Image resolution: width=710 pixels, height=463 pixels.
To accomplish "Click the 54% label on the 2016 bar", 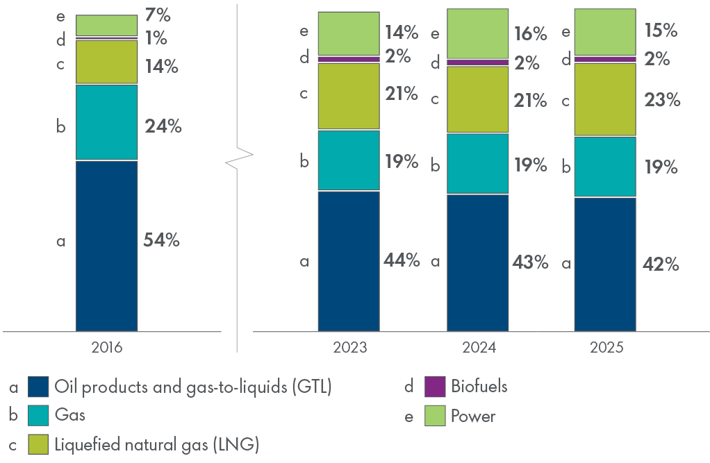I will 162,241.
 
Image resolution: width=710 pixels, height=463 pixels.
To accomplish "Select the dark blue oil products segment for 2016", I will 106,246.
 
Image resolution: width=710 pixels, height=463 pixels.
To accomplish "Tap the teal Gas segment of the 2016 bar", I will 106,122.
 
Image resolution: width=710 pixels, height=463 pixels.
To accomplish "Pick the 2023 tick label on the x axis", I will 349,347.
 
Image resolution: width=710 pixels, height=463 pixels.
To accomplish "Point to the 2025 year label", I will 604,347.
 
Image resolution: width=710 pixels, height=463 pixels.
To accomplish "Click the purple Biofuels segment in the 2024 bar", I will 477,62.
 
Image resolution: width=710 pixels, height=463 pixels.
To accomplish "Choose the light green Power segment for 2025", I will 605,32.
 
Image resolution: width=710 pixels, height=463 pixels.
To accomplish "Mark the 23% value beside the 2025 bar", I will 662,100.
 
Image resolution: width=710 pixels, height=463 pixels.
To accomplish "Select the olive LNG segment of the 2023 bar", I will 349,96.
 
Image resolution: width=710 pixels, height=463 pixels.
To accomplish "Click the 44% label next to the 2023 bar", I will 402,260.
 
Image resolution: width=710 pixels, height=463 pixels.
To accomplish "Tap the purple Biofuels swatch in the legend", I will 435,387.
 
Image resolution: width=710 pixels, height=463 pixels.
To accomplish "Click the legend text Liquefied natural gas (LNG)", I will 156,444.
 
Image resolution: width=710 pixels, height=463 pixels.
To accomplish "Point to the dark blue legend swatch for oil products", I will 38,387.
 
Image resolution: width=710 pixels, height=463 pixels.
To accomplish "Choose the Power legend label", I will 473,416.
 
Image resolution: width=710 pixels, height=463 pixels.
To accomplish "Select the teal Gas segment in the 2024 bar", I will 477,163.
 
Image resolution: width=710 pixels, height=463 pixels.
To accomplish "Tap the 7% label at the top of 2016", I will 158,15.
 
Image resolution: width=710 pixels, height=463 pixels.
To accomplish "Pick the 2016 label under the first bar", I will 106,347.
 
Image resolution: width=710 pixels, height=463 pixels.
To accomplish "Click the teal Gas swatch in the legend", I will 38,416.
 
